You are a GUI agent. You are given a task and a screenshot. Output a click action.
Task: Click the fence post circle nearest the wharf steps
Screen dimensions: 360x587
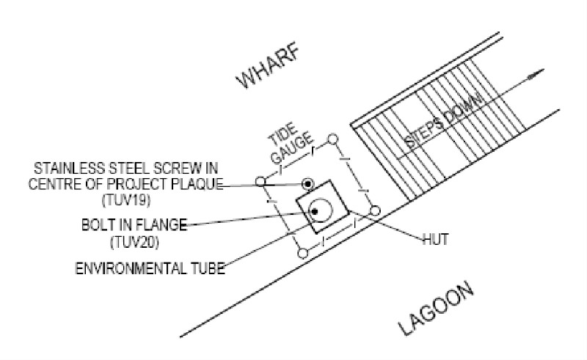(x=332, y=138)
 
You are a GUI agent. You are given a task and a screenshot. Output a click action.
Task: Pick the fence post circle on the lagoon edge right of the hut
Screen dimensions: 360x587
(x=374, y=210)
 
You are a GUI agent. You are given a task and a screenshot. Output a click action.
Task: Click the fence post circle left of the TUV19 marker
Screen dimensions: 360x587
(x=260, y=181)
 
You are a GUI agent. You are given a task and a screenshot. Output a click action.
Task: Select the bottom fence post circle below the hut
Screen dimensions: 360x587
(x=302, y=254)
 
